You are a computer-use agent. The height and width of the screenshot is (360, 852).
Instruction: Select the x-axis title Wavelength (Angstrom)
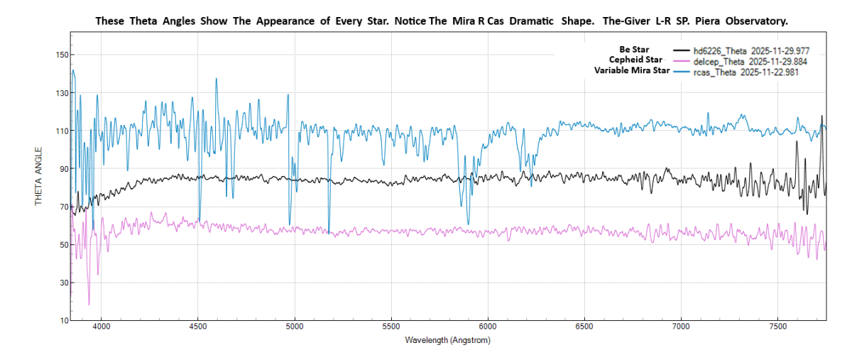click(x=447, y=340)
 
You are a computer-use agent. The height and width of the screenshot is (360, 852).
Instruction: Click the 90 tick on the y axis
click(x=63, y=169)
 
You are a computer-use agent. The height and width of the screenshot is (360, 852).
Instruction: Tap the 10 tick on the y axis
click(x=63, y=321)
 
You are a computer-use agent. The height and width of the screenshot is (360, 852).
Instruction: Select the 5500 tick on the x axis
click(x=391, y=327)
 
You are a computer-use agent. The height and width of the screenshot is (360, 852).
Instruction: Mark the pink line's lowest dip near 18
click(x=89, y=305)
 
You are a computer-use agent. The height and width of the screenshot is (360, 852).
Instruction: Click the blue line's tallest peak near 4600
click(x=217, y=79)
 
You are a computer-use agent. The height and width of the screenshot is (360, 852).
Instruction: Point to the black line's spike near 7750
click(x=822, y=116)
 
